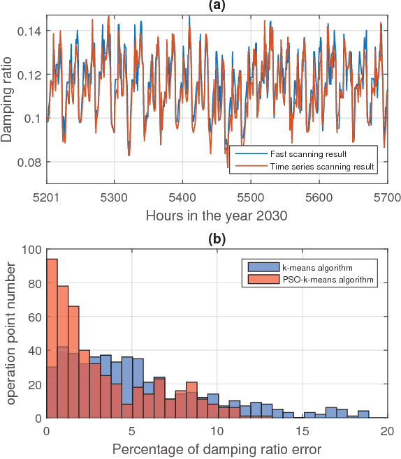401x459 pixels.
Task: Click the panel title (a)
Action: [x=217, y=6]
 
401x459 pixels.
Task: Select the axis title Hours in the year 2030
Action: [x=217, y=215]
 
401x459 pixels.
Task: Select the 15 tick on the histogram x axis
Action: [x=302, y=430]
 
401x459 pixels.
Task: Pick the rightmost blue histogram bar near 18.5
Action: [x=363, y=414]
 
